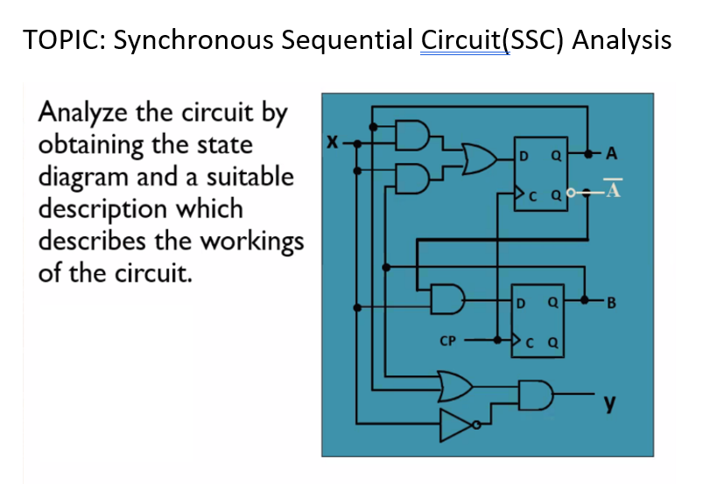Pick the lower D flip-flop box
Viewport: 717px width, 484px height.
click(536, 323)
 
